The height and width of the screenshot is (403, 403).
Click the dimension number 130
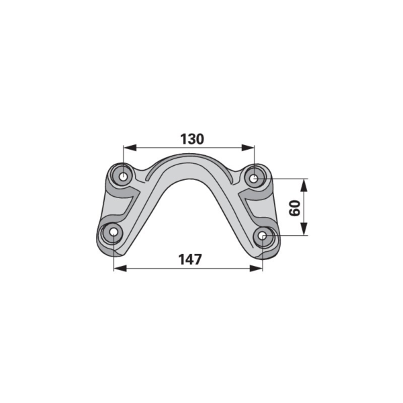[x=192, y=139]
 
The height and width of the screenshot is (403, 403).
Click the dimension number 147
[x=190, y=259]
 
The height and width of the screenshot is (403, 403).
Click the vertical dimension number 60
[x=295, y=208]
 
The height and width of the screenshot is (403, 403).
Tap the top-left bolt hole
[x=124, y=177]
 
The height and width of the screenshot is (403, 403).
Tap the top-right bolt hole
[x=254, y=178]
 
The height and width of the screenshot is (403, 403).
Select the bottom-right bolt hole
[x=263, y=236]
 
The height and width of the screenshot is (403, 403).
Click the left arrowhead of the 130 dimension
[x=130, y=148]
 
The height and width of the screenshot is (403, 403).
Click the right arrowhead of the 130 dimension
[x=248, y=148]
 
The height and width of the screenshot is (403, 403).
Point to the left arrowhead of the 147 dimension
[x=120, y=269]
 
